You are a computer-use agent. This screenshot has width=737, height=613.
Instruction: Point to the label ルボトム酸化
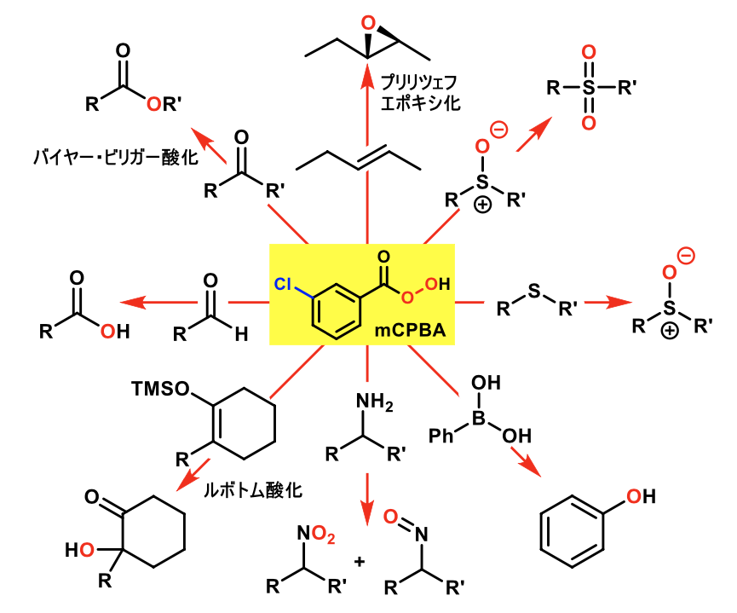[x=253, y=490]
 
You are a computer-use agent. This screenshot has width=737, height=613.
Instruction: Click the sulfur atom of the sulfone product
[x=586, y=87]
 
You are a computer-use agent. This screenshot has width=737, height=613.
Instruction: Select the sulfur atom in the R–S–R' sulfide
[x=533, y=292]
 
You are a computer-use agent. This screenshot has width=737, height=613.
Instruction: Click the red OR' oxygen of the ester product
[x=153, y=104]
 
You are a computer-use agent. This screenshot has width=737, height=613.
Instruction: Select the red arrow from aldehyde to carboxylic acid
[x=153, y=302]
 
